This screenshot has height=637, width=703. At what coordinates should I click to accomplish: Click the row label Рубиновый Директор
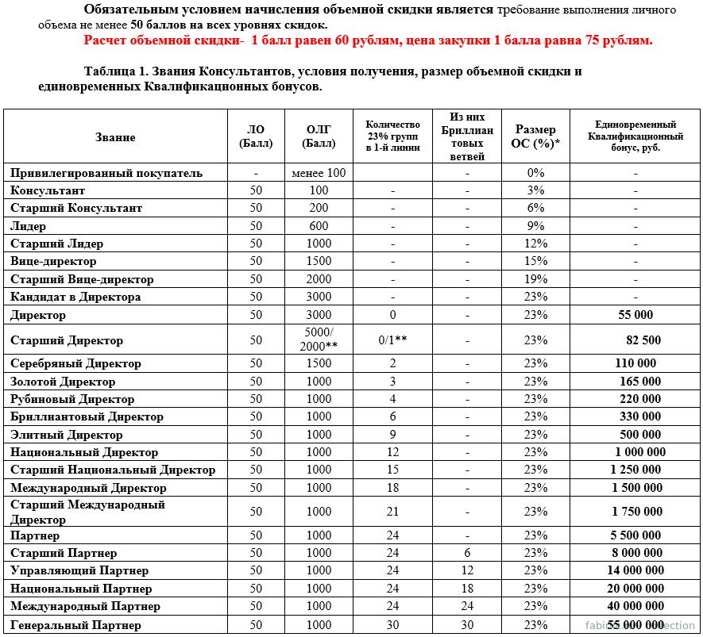pos(72,399)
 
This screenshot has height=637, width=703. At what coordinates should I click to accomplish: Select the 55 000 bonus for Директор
pos(635,315)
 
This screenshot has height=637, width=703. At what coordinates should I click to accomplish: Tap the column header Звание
pos(115,137)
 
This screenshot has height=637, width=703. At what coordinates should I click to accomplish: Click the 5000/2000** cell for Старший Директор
pos(319,340)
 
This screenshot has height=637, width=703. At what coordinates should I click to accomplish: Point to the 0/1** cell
pos(392,340)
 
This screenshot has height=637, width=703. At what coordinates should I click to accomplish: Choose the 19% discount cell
pos(535,279)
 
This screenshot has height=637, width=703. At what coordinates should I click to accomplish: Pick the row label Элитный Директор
pos(67,435)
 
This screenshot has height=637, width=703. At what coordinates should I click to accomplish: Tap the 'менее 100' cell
pos(319,173)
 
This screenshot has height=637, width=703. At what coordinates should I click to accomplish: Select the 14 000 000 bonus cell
pos(635,570)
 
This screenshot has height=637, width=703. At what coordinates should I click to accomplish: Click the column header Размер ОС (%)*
pos(535,136)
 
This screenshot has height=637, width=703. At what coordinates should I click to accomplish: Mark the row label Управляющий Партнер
pos(79,570)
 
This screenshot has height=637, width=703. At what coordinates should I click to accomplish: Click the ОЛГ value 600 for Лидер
pos(319,226)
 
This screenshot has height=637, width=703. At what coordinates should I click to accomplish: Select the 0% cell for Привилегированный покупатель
pos(535,173)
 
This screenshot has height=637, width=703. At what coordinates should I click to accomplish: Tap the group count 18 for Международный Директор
pos(392,488)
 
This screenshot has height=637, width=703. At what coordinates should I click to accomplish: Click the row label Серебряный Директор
pos(75,363)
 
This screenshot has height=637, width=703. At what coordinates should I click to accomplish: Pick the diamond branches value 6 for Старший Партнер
pos(467,553)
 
